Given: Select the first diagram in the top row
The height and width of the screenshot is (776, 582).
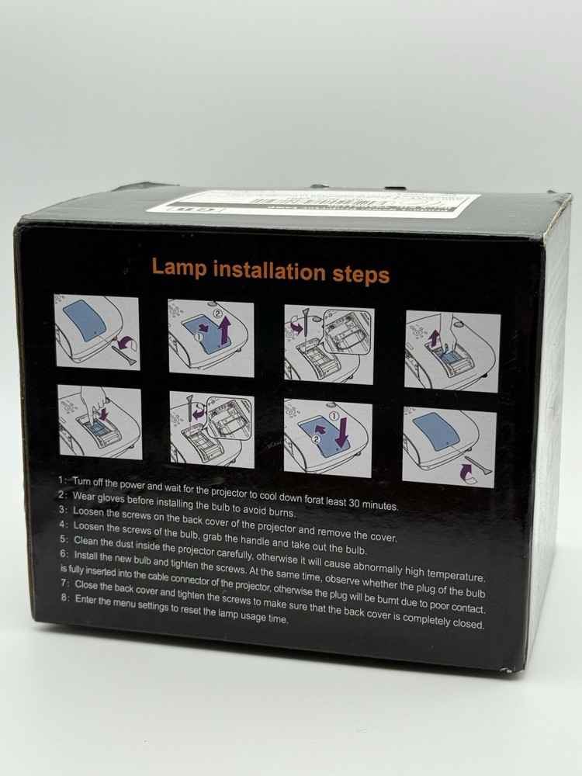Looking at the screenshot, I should pos(96,332).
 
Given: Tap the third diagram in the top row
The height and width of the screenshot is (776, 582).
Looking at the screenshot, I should pos(328,342).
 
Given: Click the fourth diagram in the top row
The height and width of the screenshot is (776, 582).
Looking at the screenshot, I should pos(452,352).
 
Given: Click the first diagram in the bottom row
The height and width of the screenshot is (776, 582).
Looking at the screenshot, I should pos(100,421).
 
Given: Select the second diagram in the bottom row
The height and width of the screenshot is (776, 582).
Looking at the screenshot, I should pos(211,428).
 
